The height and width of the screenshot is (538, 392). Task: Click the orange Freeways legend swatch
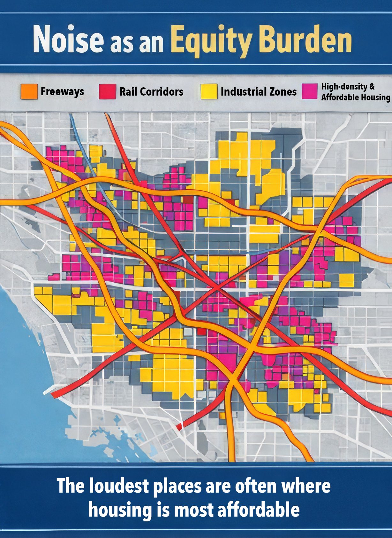pos(29,92)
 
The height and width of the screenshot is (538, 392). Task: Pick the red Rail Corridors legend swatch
pos(107,92)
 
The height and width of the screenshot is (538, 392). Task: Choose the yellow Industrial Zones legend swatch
pos(209,92)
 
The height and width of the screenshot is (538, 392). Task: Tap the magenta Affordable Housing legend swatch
pos(310,92)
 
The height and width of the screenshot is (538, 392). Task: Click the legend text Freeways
pos(62,92)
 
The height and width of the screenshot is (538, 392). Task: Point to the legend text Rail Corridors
pos(151,92)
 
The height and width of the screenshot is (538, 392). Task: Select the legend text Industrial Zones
pos(259,92)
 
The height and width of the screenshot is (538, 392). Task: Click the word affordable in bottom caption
pos(258,510)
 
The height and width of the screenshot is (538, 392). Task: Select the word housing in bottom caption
pos(120,510)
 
